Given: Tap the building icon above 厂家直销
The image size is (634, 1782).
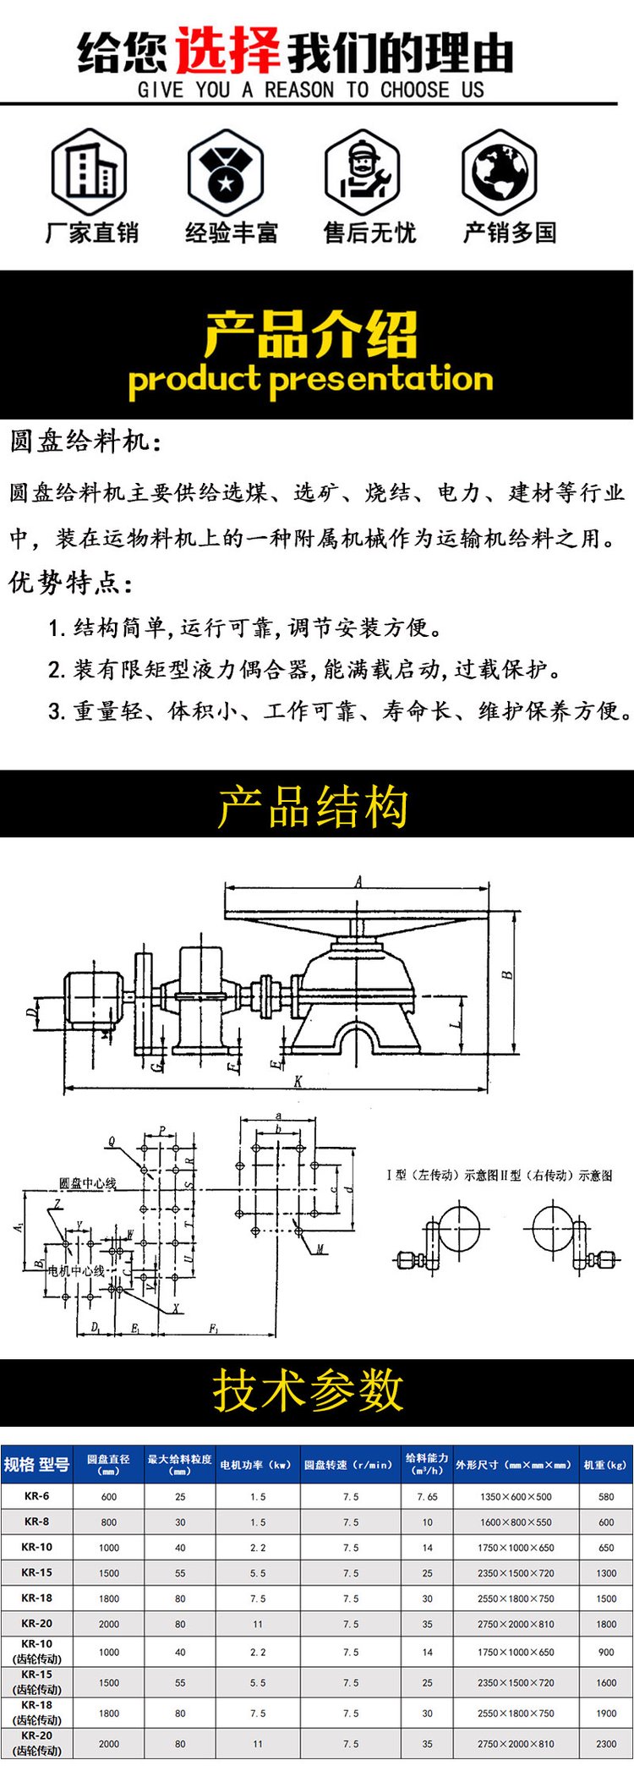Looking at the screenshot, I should coord(90,172).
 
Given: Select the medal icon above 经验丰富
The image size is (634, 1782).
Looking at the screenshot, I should coord(226,172).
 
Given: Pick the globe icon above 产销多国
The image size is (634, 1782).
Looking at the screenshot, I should coord(500,172).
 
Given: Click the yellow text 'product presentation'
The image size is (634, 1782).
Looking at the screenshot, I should coord(310,379).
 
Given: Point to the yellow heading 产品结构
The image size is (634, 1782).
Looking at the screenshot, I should coord(313,806).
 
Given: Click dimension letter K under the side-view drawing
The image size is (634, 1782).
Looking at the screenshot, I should coord(298,1082).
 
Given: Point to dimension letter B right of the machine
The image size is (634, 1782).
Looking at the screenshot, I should coord(507,974).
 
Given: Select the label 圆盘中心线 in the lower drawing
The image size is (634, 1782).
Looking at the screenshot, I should coord(88,1183).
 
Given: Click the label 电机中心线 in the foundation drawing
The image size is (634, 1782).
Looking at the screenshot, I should coord(76,1270).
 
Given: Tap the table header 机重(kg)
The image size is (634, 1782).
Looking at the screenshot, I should coord(605,1465).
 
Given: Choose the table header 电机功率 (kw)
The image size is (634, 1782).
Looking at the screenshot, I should coord(255,1465).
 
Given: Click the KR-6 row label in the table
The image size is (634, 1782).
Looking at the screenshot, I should coord(36,1496).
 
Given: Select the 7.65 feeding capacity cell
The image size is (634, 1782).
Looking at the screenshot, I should coord(427,1497).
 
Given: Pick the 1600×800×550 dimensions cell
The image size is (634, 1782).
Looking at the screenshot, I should coord(516,1522).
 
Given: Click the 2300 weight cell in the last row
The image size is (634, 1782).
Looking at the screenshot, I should coord(606,1744).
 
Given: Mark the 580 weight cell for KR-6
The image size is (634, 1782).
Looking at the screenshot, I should coord(606,1497).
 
